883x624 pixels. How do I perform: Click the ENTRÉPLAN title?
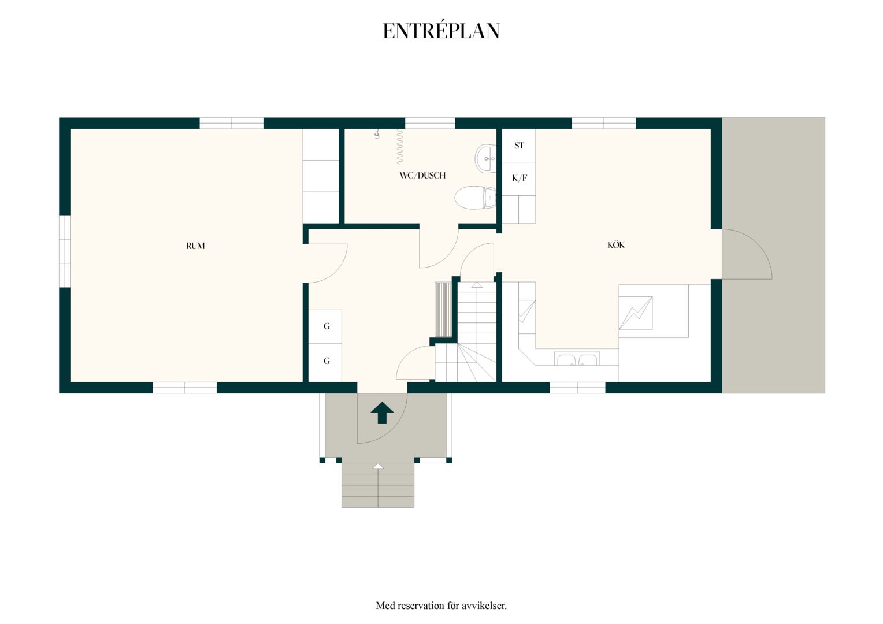(441, 31)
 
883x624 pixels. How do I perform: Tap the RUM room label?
(195, 246)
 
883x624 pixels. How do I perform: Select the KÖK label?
(616, 245)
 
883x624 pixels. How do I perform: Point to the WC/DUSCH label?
(422, 176)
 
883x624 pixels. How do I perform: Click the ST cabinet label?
(519, 146)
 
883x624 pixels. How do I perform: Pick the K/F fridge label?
(519, 178)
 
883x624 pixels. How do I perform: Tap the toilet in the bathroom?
(475, 198)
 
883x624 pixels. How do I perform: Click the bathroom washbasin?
(485, 158)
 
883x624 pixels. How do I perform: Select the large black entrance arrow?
(381, 413)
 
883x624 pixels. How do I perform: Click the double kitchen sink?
(577, 359)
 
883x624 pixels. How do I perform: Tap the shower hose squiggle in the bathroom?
(399, 147)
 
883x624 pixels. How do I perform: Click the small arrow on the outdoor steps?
(378, 466)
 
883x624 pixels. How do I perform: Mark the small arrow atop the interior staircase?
(477, 285)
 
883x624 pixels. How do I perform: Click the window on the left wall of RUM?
(65, 251)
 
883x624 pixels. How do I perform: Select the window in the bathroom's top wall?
(430, 123)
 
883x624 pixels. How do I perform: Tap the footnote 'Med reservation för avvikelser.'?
(441, 605)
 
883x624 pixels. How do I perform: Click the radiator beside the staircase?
(443, 310)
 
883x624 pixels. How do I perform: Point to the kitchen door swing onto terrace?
(747, 254)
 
